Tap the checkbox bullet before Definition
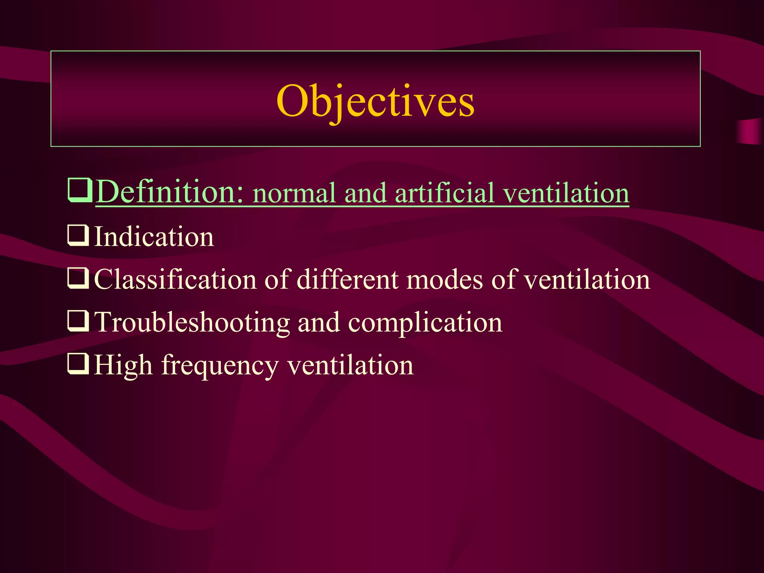[79, 190]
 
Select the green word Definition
[170, 192]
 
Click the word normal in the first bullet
[294, 194]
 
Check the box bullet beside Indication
[78, 236]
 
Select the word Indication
[154, 237]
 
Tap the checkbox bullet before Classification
[78, 279]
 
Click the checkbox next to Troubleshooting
[78, 321]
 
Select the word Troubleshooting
[192, 322]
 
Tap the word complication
[425, 322]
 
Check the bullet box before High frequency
[78, 364]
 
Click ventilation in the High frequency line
[350, 365]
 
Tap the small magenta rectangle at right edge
[750, 131]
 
